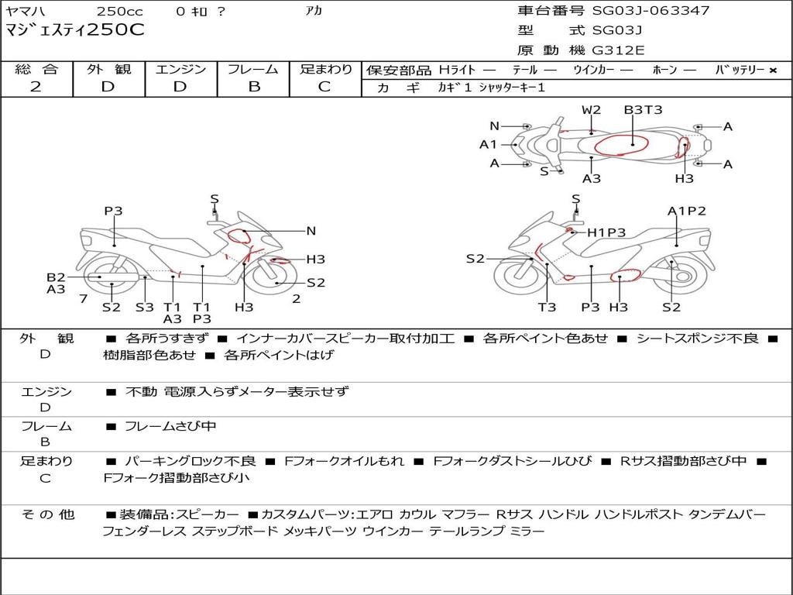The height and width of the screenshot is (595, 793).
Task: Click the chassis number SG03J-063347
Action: click(651, 11)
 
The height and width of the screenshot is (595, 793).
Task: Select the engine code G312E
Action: click(618, 50)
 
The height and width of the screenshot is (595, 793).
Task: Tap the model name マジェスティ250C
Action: click(75, 31)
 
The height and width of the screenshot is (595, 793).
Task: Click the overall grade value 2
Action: click(36, 87)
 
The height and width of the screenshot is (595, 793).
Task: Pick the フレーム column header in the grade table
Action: click(253, 69)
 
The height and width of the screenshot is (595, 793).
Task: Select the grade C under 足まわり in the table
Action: click(324, 87)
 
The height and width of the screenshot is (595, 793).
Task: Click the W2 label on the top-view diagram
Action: click(592, 110)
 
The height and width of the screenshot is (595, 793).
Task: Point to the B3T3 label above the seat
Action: click(644, 110)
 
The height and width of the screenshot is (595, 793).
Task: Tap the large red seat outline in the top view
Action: click(621, 143)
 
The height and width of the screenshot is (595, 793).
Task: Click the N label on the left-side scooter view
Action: click(311, 231)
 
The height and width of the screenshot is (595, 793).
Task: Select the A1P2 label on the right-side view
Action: click(687, 211)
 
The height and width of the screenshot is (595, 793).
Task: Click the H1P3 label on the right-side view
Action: click(606, 232)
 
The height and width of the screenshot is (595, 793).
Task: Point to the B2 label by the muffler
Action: click(56, 277)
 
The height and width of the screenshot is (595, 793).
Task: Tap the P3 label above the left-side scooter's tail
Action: click(114, 211)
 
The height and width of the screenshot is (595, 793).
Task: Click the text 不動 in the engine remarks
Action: click(142, 392)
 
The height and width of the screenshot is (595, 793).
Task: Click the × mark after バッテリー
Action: click(773, 71)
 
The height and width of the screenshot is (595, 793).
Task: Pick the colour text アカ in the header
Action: click(314, 12)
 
